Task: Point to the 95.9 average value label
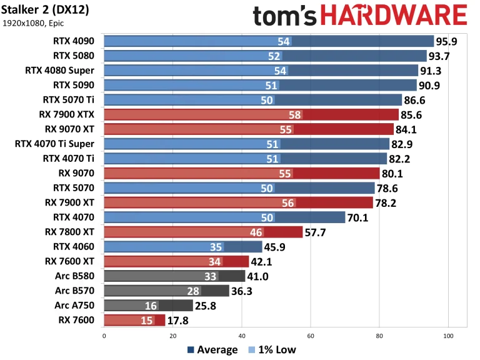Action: coord(449,41)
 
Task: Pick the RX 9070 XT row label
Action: coord(69,129)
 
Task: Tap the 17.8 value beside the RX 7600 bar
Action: coord(177,321)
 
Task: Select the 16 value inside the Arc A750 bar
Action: coord(151,306)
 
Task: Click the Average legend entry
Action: coord(212,350)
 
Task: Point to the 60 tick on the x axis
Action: coord(310,336)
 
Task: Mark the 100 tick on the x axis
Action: coord(447,336)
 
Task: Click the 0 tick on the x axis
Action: coord(104,336)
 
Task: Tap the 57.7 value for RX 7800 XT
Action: coord(315,232)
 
